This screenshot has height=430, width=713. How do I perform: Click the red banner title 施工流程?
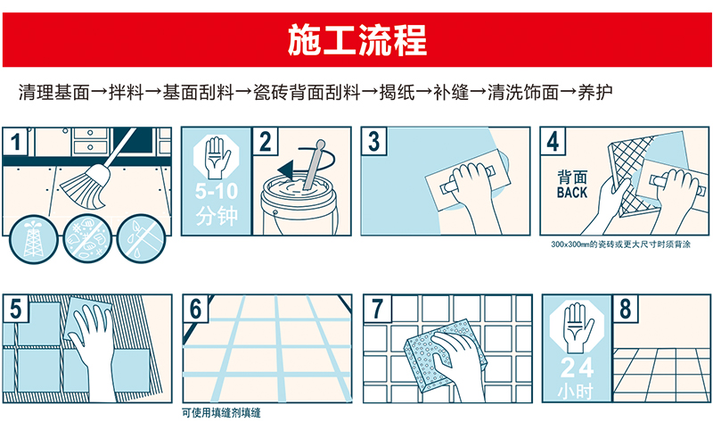357,39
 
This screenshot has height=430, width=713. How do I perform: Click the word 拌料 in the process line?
126,93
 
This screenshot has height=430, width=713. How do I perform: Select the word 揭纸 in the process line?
397,93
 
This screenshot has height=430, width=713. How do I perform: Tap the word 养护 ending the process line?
594,93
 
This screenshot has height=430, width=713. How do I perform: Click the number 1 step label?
15,142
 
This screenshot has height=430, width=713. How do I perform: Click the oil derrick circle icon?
34,238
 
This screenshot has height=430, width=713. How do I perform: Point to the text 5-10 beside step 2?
217,191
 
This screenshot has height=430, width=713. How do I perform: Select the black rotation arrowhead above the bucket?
286,170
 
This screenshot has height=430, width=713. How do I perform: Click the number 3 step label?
373,142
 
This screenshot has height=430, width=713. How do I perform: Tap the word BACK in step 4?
572,193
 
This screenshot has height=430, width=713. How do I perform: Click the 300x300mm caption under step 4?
620,244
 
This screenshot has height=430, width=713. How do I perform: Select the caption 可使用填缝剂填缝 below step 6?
221,413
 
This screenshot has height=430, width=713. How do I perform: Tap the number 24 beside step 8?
577,368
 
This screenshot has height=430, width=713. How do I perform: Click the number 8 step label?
626,308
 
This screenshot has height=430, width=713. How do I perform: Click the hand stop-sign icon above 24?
577,327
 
